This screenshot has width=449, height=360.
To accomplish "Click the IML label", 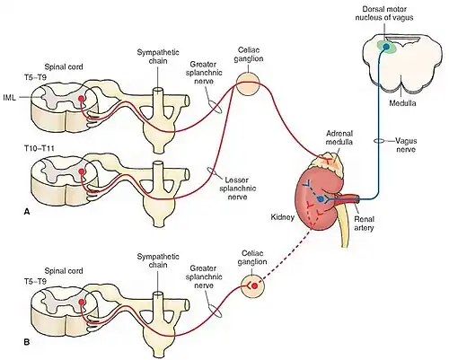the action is click(x=9, y=98).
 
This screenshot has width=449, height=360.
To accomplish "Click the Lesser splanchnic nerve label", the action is click(x=238, y=189).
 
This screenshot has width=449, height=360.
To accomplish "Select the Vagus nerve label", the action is click(x=406, y=145).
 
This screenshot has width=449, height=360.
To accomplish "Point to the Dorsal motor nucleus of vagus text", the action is click(x=384, y=13).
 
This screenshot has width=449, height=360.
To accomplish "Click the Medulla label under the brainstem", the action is click(x=402, y=103).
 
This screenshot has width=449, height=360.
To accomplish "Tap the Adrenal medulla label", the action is click(x=339, y=137).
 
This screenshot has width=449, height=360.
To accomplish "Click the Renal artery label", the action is click(x=365, y=224).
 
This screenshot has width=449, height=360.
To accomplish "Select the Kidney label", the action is click(x=282, y=217).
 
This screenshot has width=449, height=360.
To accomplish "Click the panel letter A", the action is click(x=27, y=212).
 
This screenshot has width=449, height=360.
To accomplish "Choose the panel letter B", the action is click(x=27, y=341).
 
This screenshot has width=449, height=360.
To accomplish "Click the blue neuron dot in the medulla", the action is click(x=386, y=47).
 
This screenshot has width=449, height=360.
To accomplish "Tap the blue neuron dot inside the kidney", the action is click(x=321, y=198).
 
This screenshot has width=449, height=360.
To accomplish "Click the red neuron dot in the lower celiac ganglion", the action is click(x=254, y=285).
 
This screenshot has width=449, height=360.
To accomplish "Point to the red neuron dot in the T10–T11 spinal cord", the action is click(x=81, y=171).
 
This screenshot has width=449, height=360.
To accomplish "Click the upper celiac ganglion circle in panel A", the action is click(x=248, y=83).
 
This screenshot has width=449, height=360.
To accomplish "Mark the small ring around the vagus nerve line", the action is click(x=379, y=141).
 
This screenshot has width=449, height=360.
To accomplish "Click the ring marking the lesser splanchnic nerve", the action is click(x=212, y=171).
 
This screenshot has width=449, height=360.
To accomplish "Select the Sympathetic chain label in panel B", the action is click(x=158, y=260).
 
